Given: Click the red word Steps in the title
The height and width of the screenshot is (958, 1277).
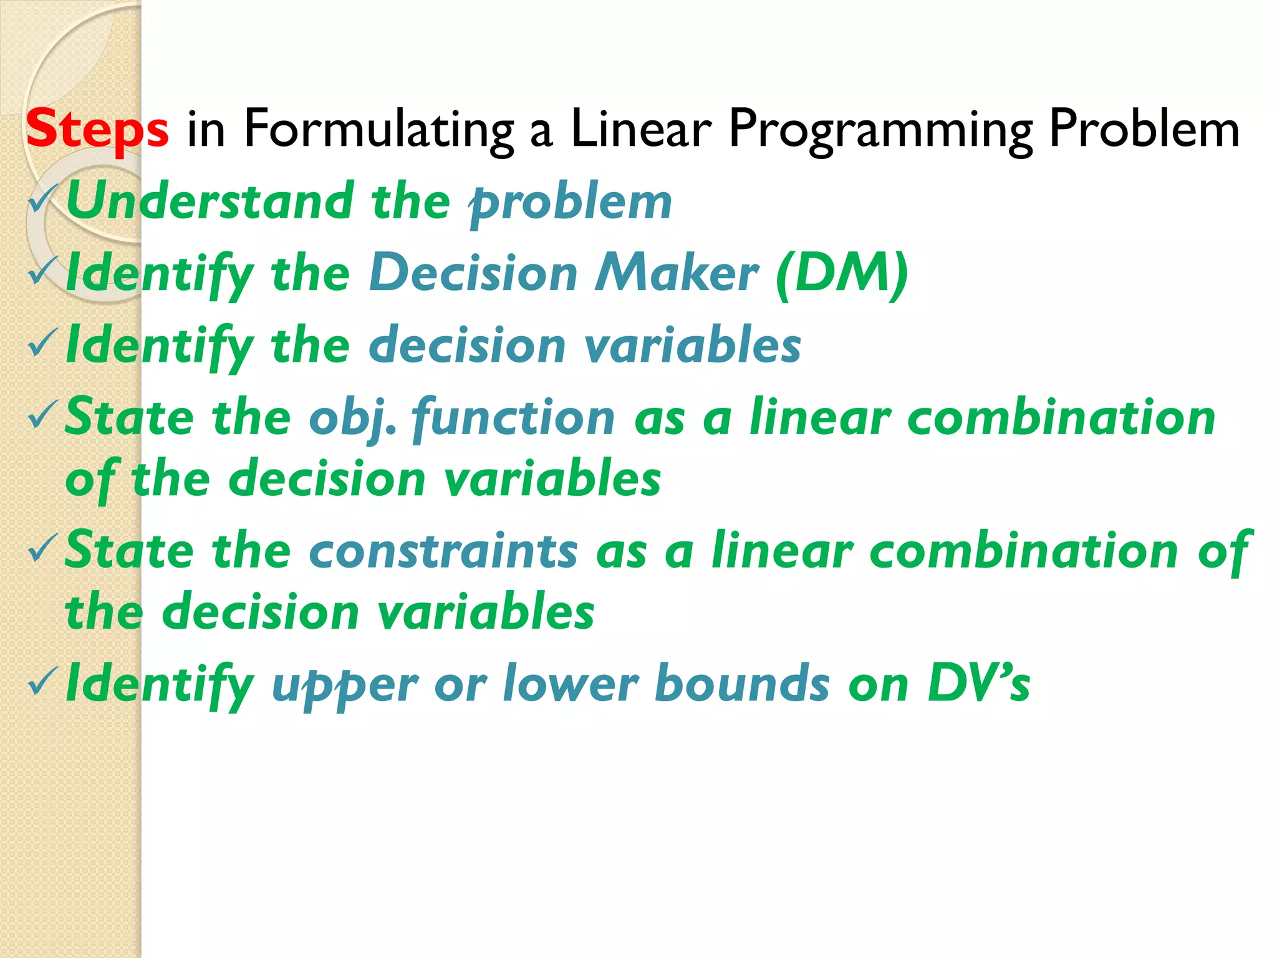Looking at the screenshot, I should (x=97, y=128).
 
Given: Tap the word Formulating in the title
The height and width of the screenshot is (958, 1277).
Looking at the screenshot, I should (x=378, y=128).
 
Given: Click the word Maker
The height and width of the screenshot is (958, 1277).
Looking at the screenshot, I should (x=677, y=273).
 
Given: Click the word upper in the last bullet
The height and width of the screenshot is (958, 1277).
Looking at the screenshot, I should (x=345, y=685).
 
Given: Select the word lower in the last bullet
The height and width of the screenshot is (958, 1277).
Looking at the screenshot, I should (x=571, y=684).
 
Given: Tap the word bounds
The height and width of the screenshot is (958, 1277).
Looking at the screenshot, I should (x=742, y=684).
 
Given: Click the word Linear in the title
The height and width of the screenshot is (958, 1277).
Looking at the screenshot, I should (x=640, y=128).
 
